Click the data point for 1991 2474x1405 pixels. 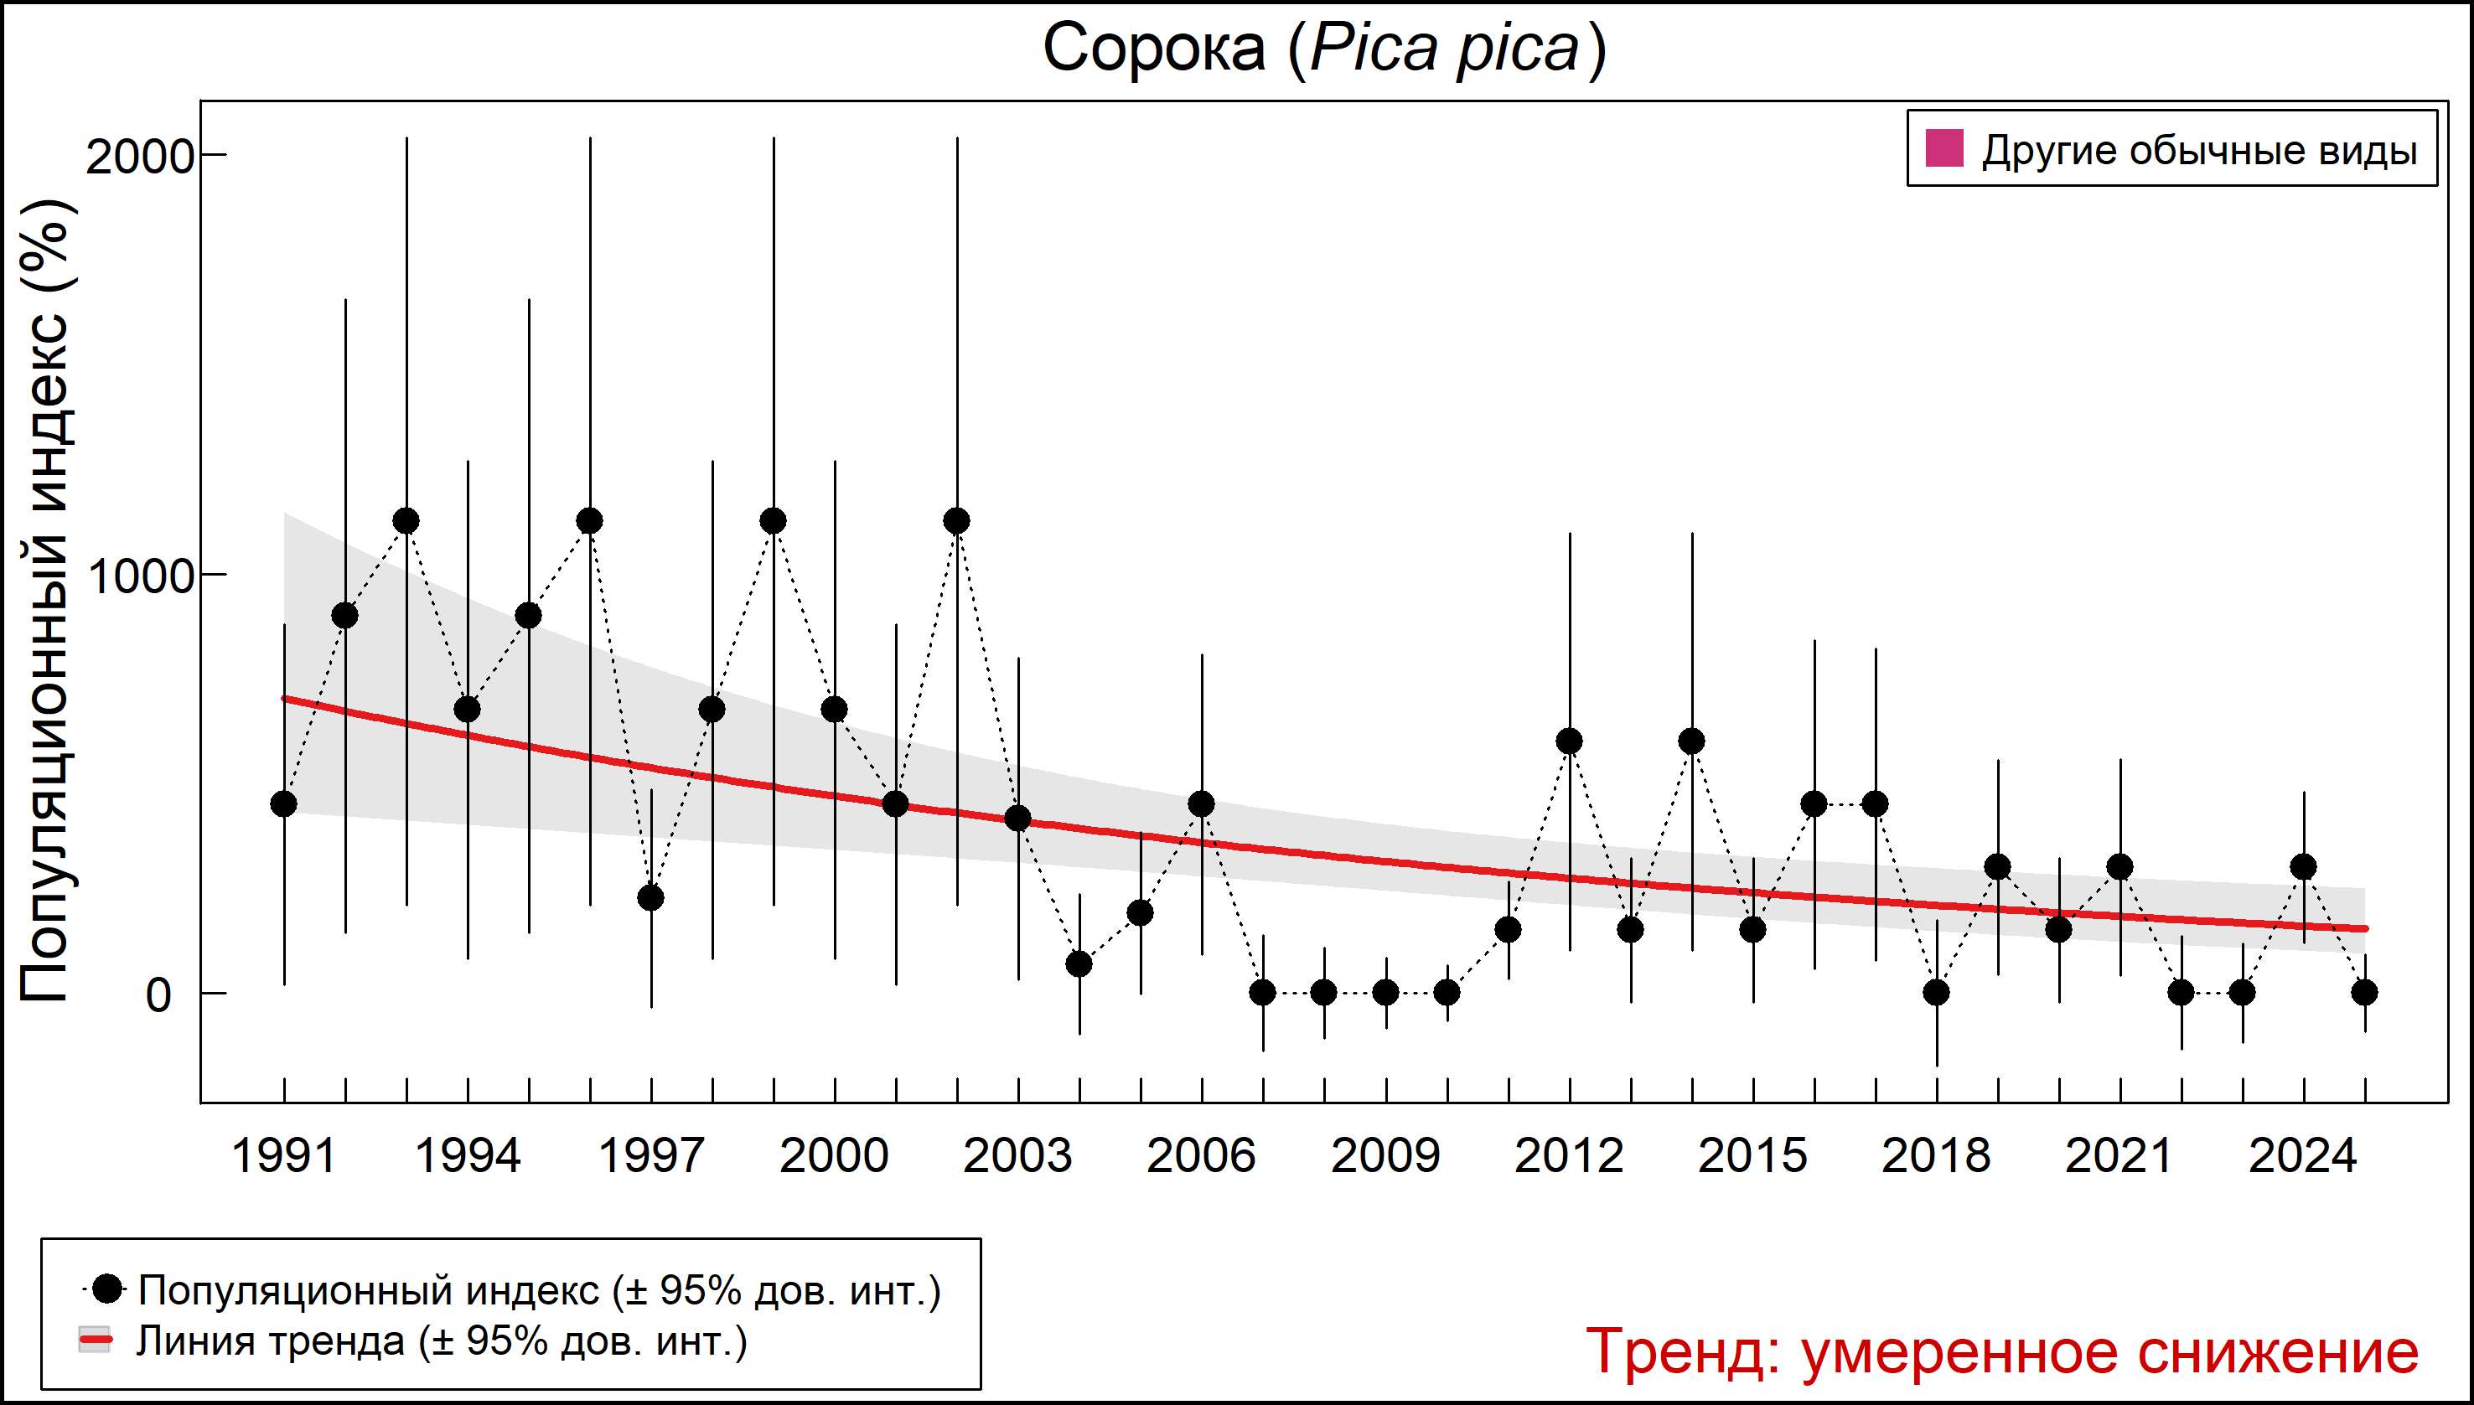(284, 803)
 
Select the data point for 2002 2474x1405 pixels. (956, 521)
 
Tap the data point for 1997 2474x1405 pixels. (651, 897)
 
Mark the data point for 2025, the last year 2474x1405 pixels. (2364, 992)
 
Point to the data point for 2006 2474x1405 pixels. (1202, 803)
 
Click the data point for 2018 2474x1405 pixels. (1936, 992)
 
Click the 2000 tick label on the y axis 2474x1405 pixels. (141, 158)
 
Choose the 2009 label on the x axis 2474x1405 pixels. (1385, 1156)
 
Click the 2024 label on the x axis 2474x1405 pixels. (2303, 1156)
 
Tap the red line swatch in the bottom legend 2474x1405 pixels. (95, 1340)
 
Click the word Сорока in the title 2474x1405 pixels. (1153, 49)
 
